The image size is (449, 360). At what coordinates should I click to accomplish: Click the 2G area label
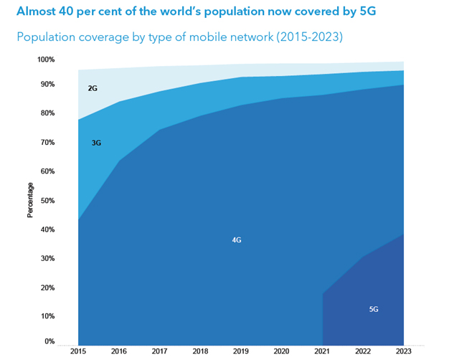[x=93, y=88]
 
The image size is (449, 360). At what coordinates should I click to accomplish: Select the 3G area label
[x=96, y=143]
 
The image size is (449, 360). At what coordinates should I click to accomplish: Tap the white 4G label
[x=237, y=240]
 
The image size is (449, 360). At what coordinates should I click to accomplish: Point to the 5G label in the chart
[x=374, y=309]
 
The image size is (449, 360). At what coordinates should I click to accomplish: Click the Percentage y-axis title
[x=30, y=200]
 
